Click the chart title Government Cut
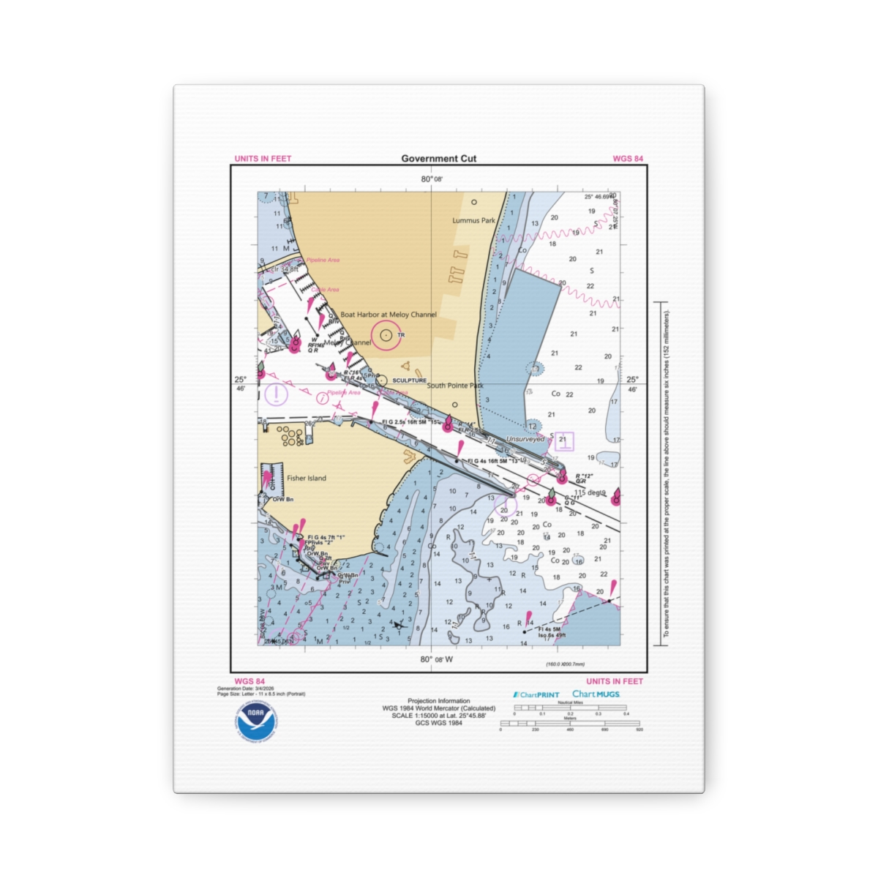[438, 158]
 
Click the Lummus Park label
[473, 220]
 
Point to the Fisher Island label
[307, 478]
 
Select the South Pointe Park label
[455, 386]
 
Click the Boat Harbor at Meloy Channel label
[389, 315]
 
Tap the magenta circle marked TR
[386, 335]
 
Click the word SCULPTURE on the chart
[409, 380]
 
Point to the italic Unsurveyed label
[525, 439]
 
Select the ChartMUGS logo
[596, 694]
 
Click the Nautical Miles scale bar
[570, 708]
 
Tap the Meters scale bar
[570, 724]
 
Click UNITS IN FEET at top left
[263, 159]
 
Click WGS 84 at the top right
[628, 159]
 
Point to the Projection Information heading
[439, 701]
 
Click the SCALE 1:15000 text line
[439, 716]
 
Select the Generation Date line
[247, 688]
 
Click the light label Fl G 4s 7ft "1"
[326, 538]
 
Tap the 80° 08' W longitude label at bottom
[437, 659]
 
